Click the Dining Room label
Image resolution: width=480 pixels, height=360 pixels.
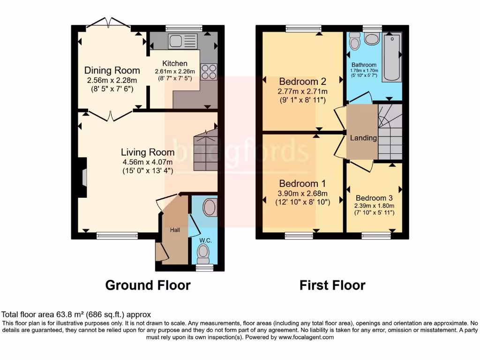click(x=112, y=70)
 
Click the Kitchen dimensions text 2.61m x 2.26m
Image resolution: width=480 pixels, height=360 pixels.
click(x=175, y=72)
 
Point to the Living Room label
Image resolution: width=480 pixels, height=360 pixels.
click(x=148, y=152)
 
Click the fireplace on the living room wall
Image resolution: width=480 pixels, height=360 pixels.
click(x=83, y=178)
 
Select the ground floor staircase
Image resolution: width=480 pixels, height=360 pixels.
click(x=205, y=150)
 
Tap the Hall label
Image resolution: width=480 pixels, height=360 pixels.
click(x=175, y=230)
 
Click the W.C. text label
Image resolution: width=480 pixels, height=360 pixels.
click(x=205, y=240)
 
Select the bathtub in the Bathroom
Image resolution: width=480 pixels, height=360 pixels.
click(x=392, y=57)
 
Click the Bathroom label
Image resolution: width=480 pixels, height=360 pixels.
click(x=364, y=65)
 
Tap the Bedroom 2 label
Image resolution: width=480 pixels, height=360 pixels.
click(x=302, y=81)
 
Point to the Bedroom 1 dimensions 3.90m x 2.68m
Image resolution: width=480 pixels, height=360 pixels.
click(x=302, y=194)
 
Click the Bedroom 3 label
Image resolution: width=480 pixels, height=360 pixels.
click(x=374, y=198)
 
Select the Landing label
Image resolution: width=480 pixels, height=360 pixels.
click(x=363, y=138)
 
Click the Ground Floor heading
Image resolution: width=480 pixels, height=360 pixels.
click(x=148, y=285)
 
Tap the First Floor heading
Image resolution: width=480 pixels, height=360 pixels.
click(x=332, y=285)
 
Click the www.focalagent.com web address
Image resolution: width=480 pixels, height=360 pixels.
click(x=306, y=337)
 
